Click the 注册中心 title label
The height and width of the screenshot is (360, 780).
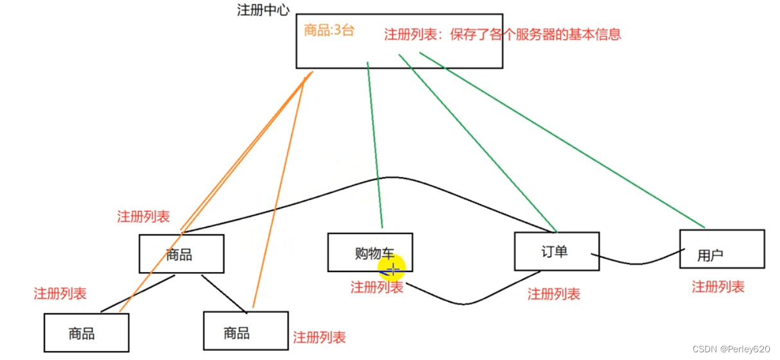click(x=263, y=10)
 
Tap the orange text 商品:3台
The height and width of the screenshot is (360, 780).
click(x=329, y=30)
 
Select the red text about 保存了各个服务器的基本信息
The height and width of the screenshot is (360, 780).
click(x=503, y=34)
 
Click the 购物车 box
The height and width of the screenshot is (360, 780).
click(x=370, y=252)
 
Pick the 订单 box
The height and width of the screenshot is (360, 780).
click(x=556, y=251)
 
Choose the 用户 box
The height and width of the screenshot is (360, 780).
click(x=722, y=249)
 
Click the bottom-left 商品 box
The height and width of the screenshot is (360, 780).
click(x=86, y=333)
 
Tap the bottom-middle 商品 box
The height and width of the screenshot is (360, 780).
click(x=245, y=331)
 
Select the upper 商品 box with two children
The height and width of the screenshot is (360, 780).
click(x=181, y=254)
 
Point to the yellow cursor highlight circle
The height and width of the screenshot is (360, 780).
click(x=391, y=268)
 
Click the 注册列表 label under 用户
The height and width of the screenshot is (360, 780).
click(x=718, y=287)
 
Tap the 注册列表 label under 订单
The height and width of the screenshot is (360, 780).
click(x=553, y=294)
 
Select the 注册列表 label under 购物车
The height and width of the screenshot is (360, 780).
click(x=377, y=287)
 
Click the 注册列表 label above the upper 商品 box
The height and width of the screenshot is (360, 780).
click(x=143, y=216)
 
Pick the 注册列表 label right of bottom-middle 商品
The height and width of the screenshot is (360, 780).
click(x=319, y=337)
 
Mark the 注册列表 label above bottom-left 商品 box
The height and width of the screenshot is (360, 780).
click(x=60, y=294)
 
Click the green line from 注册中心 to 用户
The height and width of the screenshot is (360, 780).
click(x=562, y=141)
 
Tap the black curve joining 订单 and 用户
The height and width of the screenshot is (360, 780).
click(x=636, y=263)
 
